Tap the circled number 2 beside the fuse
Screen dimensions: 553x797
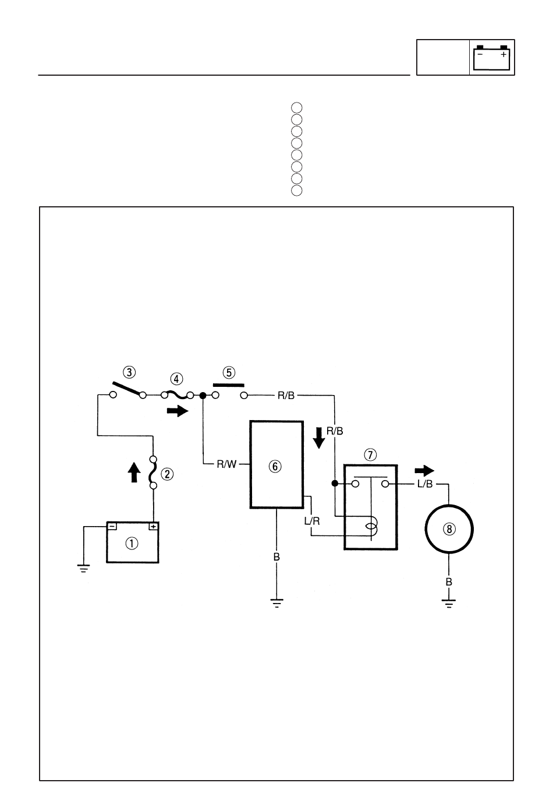(x=167, y=474)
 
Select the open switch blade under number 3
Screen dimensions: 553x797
(x=128, y=389)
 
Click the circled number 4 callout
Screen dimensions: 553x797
(x=176, y=379)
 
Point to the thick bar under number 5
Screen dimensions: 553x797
(x=229, y=385)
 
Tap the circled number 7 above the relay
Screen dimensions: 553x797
(x=370, y=454)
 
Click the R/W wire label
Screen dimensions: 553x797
(x=227, y=464)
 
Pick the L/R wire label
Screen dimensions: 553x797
(x=312, y=521)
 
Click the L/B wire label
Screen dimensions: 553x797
(x=425, y=484)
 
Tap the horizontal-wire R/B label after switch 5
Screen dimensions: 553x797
(x=286, y=396)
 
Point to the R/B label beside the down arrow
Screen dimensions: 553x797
(x=335, y=431)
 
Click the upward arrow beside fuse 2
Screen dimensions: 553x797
(x=134, y=472)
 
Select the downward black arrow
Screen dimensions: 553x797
(x=319, y=438)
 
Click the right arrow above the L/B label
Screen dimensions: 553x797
(x=424, y=471)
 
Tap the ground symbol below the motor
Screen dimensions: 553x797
(x=449, y=604)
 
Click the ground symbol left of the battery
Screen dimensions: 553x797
(x=83, y=568)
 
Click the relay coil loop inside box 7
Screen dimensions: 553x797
(x=372, y=527)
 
